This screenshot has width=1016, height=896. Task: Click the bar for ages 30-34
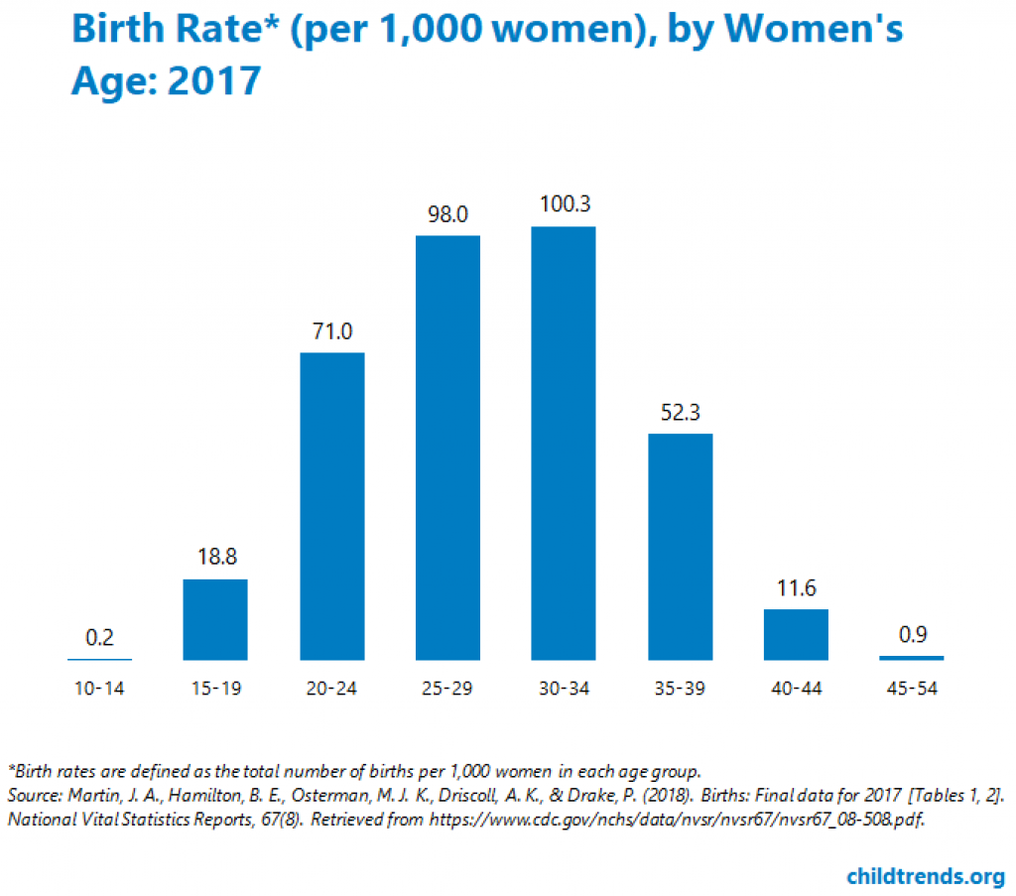click(564, 443)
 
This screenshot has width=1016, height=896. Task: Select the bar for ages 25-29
click(447, 448)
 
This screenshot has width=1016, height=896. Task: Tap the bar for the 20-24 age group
click(331, 506)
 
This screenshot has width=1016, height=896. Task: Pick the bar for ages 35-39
click(680, 547)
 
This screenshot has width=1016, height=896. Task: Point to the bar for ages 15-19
click(215, 619)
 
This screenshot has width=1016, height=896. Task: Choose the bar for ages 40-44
click(796, 634)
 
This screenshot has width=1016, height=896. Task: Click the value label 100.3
click(564, 206)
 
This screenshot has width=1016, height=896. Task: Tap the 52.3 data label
click(680, 413)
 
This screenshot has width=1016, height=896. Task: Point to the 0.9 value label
click(912, 635)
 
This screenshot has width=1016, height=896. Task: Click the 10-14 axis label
click(99, 689)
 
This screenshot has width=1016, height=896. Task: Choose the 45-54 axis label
click(912, 689)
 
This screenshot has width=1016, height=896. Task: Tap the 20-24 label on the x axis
click(331, 689)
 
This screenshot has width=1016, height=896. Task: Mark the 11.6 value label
click(796, 588)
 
